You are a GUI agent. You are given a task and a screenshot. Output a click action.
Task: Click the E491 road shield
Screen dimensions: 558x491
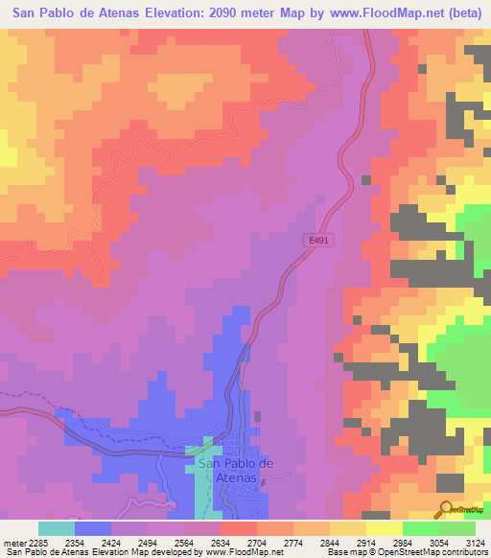(320, 242)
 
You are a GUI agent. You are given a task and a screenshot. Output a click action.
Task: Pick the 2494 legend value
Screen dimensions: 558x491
(149, 543)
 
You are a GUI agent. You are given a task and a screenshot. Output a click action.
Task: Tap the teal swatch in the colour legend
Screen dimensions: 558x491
(56, 528)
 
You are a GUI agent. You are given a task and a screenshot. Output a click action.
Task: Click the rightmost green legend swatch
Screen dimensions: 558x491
(457, 528)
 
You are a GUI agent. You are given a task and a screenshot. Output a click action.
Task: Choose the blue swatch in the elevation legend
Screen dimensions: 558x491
(92, 528)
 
